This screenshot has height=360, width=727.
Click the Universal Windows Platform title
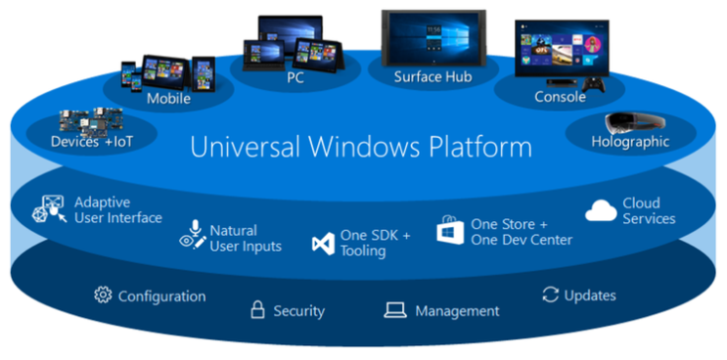coord(361,148)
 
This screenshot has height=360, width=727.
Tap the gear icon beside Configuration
coord(102,295)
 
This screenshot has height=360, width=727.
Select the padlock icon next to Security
coord(258,311)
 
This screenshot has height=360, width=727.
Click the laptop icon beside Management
coord(394,311)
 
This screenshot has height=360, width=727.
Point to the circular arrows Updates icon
coord(550,294)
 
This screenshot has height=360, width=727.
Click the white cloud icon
coord(600,209)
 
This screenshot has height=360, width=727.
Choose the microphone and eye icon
coord(192,235)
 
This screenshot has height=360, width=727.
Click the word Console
coord(560,97)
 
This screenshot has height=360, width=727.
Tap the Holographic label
coord(630,141)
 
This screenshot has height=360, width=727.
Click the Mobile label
coord(168,98)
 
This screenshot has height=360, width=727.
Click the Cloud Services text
coord(649,210)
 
